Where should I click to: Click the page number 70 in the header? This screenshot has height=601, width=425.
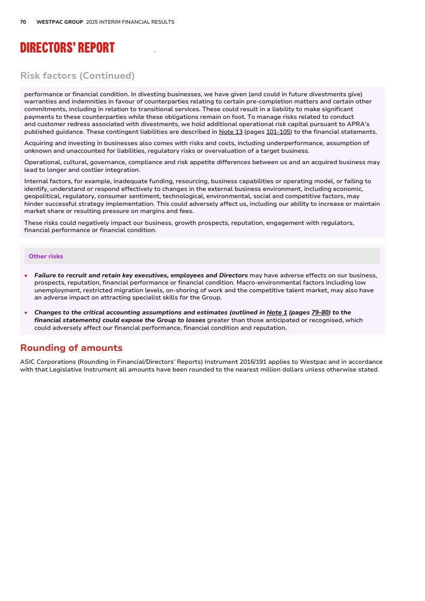coord(23,22)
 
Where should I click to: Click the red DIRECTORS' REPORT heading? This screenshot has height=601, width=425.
coord(67,48)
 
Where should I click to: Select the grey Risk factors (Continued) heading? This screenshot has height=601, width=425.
coord(77,76)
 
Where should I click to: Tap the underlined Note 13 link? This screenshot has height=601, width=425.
coord(231,132)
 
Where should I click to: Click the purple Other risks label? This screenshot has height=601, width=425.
coord(46,256)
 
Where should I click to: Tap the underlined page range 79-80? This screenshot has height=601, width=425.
coord(320,312)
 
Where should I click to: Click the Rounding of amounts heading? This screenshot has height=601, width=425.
coord(71,348)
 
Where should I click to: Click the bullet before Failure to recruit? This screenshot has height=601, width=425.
coord(26,276)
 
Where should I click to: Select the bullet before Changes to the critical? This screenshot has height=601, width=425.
coord(26,313)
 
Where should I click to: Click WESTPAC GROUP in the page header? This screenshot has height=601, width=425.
coord(60,22)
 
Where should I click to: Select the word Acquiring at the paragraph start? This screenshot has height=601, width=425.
coord(39,143)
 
